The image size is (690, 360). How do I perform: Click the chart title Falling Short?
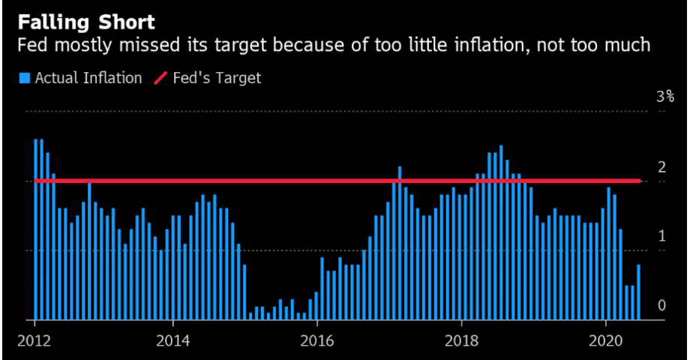click(x=86, y=22)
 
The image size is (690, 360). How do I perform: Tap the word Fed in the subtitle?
click(x=32, y=45)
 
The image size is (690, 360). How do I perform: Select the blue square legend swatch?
click(x=25, y=78)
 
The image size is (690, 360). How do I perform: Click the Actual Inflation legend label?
click(x=88, y=78)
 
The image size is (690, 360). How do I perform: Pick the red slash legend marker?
click(x=160, y=78)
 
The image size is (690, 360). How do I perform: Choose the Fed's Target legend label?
click(x=217, y=78)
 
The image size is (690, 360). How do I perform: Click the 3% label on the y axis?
click(x=665, y=97)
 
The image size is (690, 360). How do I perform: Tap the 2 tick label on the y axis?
click(x=661, y=167)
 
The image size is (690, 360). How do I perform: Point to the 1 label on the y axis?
click(x=661, y=236)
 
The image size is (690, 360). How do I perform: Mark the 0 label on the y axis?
click(x=661, y=305)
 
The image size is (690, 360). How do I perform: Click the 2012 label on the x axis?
click(x=34, y=340)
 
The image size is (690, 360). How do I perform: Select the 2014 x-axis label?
click(x=173, y=340)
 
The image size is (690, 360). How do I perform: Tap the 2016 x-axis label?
click(x=316, y=340)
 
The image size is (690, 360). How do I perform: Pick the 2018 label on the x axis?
click(x=461, y=340)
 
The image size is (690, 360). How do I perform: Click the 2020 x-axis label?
click(x=605, y=340)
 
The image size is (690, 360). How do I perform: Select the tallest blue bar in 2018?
click(x=501, y=232)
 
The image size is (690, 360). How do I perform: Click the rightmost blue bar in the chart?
click(x=638, y=292)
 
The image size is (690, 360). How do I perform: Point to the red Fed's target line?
click(x=337, y=181)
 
